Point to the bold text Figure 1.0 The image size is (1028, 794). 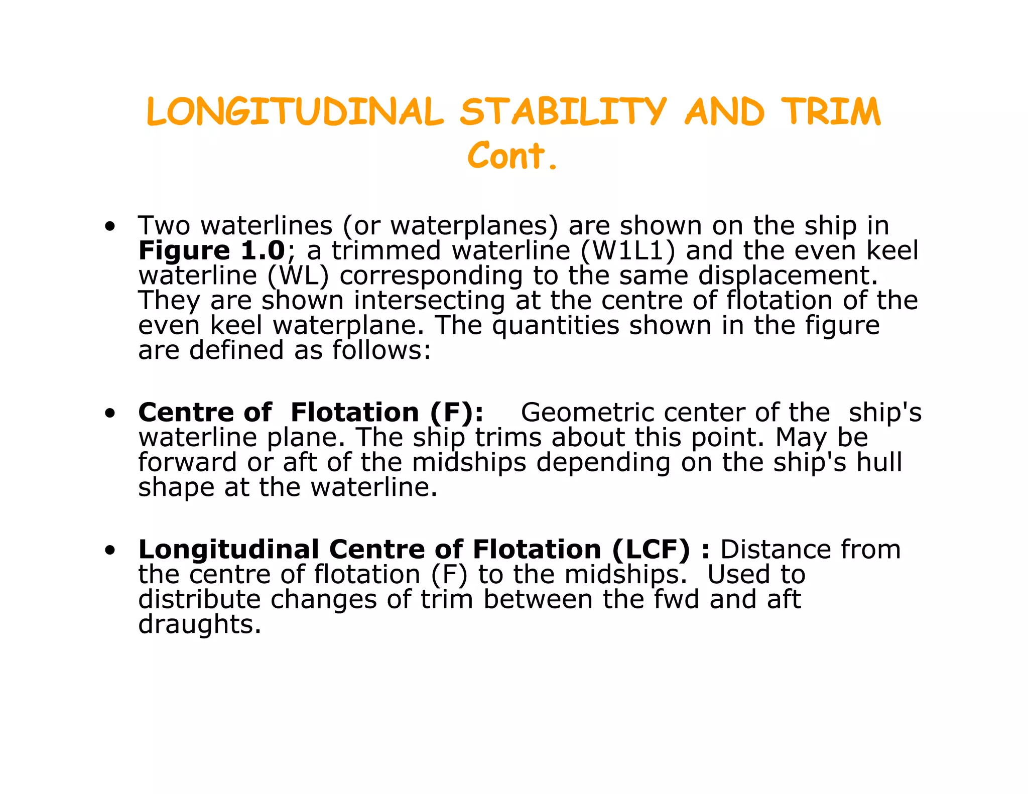[211, 250]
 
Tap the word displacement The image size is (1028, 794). [788, 276]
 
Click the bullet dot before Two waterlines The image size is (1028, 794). [110, 227]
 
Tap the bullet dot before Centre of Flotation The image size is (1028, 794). [110, 414]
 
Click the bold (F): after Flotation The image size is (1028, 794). [456, 413]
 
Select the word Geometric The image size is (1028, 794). [587, 413]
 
